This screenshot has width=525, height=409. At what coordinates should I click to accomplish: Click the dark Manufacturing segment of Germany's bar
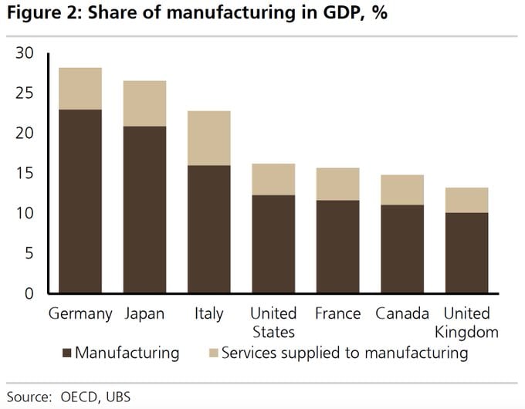[80, 201]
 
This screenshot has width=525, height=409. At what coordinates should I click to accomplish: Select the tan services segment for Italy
[208, 138]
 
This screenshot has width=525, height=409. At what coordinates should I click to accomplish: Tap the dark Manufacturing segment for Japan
[144, 209]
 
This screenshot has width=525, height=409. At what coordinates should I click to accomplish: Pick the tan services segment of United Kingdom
[466, 200]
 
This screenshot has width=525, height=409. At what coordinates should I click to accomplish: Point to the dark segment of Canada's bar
[401, 248]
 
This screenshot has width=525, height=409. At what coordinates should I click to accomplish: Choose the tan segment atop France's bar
[337, 184]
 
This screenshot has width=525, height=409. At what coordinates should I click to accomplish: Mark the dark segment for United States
[273, 244]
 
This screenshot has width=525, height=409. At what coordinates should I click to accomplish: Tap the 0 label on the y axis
[29, 293]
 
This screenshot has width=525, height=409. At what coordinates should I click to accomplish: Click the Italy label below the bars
[208, 314]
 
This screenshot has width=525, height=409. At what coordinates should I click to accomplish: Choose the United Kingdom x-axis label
[466, 323]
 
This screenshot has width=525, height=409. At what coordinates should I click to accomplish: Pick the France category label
[337, 314]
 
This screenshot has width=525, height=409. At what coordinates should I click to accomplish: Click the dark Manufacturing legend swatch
[66, 353]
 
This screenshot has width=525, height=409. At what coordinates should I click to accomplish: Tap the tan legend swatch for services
[213, 353]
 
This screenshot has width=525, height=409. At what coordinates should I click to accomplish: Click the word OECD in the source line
[75, 396]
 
